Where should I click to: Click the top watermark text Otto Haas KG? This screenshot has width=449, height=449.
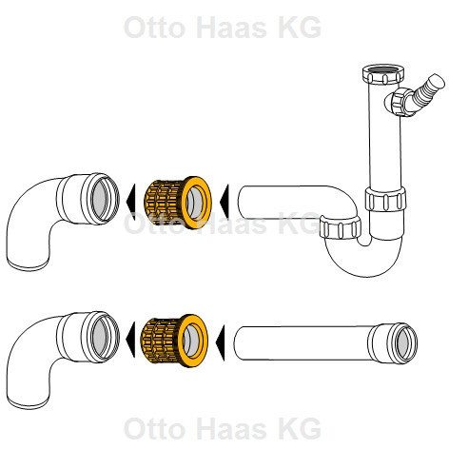223,28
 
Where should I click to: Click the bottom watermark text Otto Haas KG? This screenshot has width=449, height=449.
223,428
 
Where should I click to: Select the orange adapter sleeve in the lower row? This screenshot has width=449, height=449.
174,341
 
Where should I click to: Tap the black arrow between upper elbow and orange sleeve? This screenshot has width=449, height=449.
130,201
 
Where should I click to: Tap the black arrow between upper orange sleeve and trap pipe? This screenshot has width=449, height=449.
224,201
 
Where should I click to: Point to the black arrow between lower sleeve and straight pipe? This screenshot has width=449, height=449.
220,342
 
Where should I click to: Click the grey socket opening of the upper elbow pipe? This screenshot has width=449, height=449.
102,197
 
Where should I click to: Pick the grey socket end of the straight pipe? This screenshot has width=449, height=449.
405,343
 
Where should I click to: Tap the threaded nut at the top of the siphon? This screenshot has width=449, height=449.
383,74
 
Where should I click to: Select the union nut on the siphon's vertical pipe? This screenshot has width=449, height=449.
385,199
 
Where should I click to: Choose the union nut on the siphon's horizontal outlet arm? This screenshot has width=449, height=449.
340,227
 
